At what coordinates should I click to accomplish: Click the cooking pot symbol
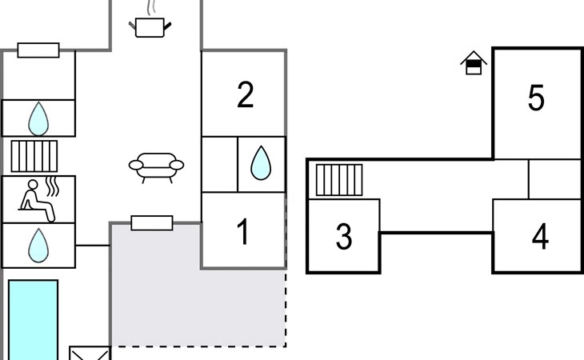(151, 26)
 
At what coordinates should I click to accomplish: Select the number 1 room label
(244, 233)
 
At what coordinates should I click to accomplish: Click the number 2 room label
(246, 95)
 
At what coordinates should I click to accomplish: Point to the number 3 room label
(344, 237)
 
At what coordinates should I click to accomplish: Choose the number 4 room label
(541, 237)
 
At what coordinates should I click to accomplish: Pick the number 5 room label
(536, 98)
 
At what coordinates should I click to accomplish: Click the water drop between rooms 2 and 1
(261, 163)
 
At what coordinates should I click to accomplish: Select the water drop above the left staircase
(38, 119)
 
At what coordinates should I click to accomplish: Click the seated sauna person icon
(40, 201)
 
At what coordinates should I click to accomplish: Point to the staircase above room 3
(339, 180)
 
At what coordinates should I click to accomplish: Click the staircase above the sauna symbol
(35, 155)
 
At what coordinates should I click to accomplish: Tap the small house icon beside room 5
(474, 62)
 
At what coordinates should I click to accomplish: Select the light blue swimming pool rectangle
(34, 318)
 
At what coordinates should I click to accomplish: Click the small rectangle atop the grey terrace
(151, 222)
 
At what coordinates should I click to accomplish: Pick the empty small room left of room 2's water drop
(219, 164)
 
